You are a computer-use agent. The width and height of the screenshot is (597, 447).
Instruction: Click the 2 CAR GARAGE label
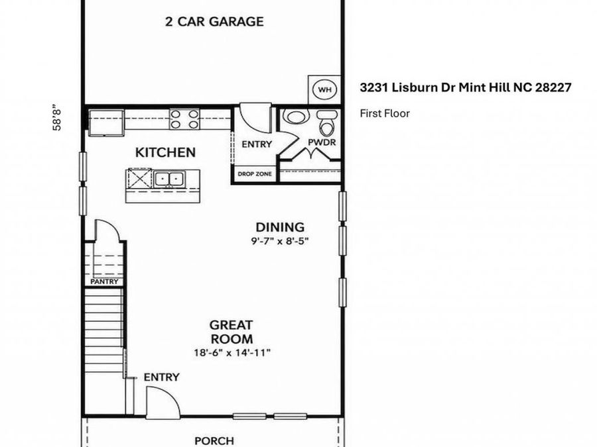tap(214, 21)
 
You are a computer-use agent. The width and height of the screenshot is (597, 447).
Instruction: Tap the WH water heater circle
tap(324, 89)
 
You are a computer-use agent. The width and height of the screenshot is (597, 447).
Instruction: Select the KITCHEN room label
tap(166, 152)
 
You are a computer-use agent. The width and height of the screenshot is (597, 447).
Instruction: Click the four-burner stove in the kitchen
tap(184, 119)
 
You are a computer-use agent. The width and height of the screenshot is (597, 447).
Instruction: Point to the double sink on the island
tap(169, 178)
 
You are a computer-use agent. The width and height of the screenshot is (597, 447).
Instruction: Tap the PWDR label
tap(322, 142)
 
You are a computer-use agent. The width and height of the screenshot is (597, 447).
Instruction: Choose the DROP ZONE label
tap(255, 174)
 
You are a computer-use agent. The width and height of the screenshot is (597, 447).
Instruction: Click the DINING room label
tap(280, 227)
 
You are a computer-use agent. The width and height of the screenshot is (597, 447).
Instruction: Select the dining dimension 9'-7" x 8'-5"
tap(279, 241)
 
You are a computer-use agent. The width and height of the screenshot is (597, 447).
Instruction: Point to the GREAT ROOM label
tap(232, 332)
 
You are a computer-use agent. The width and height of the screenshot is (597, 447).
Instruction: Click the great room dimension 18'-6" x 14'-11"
tap(232, 352)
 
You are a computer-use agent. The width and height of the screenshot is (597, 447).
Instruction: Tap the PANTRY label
tap(104, 281)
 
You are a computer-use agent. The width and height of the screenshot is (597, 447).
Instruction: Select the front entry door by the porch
tap(163, 403)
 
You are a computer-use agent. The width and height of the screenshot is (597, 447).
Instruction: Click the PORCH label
tap(214, 441)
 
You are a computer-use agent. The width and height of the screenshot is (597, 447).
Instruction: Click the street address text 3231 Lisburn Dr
tap(408, 87)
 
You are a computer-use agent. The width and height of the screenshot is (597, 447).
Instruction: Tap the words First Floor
tap(385, 113)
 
